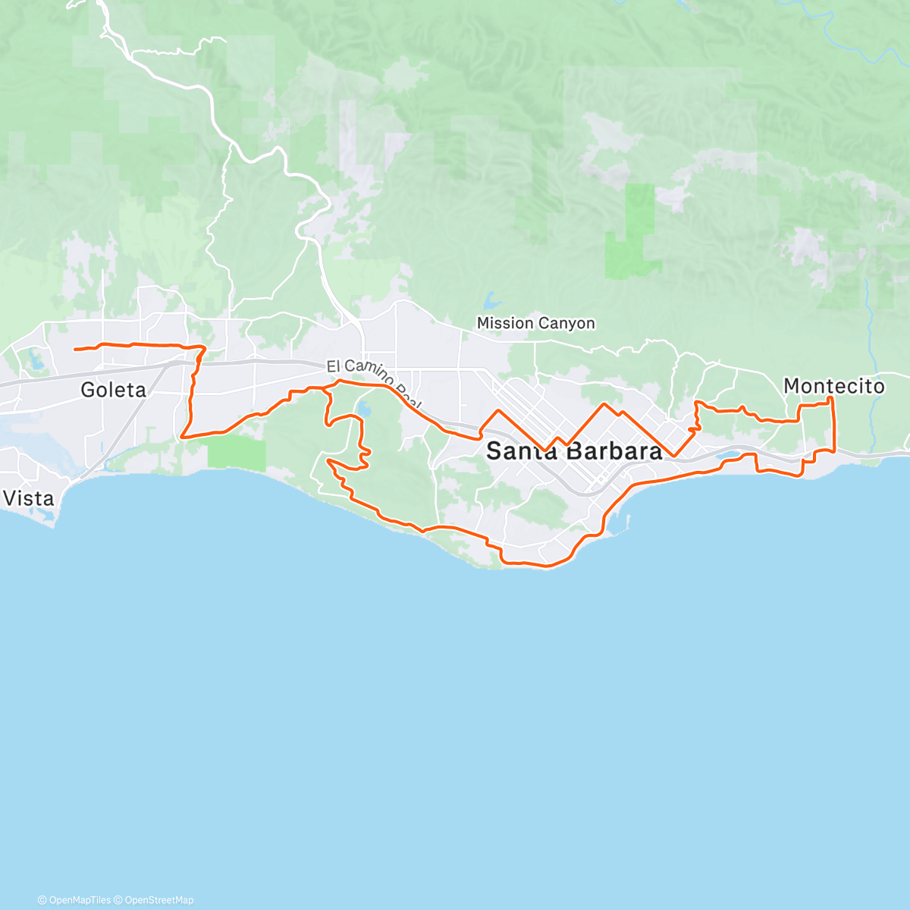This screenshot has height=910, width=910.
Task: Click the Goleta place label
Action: point(113,390)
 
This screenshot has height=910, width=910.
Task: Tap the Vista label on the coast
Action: point(29,498)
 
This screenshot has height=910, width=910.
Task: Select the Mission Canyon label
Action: point(535,323)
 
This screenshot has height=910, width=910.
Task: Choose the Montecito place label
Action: point(833,386)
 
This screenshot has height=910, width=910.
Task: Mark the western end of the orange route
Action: point(74,350)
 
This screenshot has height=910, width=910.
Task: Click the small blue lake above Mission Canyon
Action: point(491,300)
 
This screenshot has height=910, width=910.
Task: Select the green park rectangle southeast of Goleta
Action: point(237,453)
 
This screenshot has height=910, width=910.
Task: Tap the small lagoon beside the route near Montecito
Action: point(730,457)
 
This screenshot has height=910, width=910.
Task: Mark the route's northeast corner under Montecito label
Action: point(832,398)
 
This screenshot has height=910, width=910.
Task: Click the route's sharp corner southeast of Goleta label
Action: point(183,437)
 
